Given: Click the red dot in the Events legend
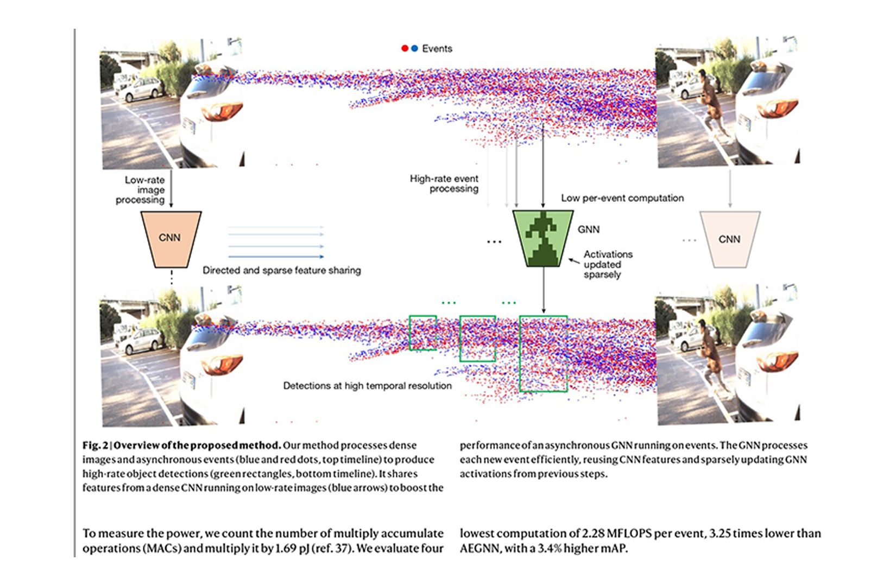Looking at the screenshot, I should pos(405,48).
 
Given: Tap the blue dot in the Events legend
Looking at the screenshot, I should pos(414,48).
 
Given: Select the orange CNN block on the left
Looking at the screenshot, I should pos(171,239).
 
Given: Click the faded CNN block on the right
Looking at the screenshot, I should pos(729,239).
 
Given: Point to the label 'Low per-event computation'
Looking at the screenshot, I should pos(622,198).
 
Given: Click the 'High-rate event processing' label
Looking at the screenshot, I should pos(445,183).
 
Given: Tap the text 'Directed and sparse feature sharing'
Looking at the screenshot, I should pos(281,270).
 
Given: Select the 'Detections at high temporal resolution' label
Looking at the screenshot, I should pos(367,386).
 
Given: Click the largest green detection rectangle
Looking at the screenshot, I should pos(543,353).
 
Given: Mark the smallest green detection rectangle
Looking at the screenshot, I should pos(422,333).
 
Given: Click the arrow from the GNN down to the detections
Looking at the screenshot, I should pos(544,290).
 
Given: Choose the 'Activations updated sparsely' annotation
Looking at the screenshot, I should pos(607,264).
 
